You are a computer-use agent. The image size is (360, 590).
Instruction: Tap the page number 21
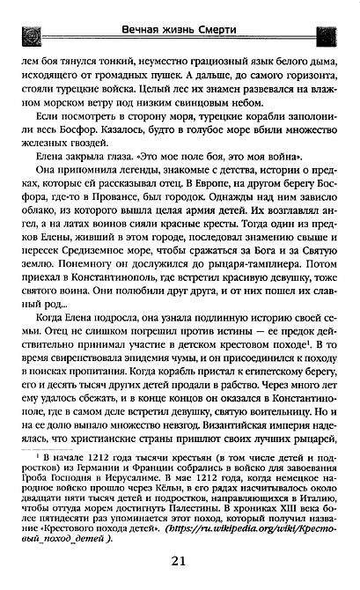pos(179,563)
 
